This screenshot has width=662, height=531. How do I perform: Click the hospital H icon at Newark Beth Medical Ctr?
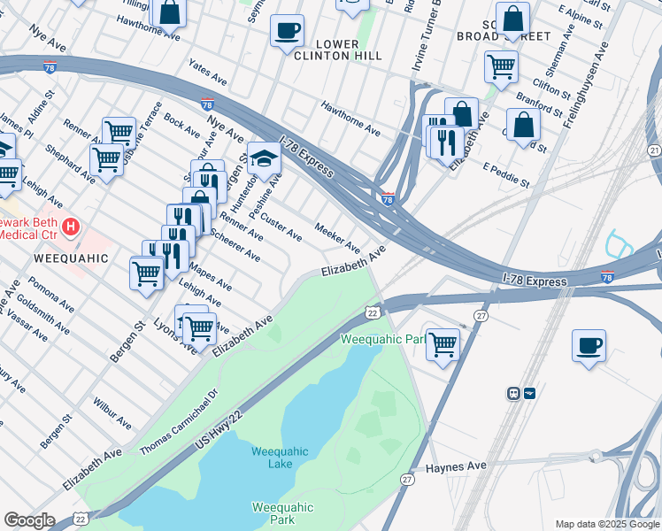70,227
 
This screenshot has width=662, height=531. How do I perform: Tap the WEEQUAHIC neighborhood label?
71,258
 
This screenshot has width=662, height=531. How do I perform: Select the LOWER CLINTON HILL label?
337,50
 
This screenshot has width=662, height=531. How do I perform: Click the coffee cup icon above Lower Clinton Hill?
287,30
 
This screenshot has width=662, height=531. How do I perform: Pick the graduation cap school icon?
263,158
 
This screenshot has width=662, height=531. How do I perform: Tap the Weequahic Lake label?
280,458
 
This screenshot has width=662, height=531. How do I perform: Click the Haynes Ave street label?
456,466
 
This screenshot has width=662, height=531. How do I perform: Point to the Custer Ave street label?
281,226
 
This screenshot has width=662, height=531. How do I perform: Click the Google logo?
29,520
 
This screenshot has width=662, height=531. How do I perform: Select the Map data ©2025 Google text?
606,524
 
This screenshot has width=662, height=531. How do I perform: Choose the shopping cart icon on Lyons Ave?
199,327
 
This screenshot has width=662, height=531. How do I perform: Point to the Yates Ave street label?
208,75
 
